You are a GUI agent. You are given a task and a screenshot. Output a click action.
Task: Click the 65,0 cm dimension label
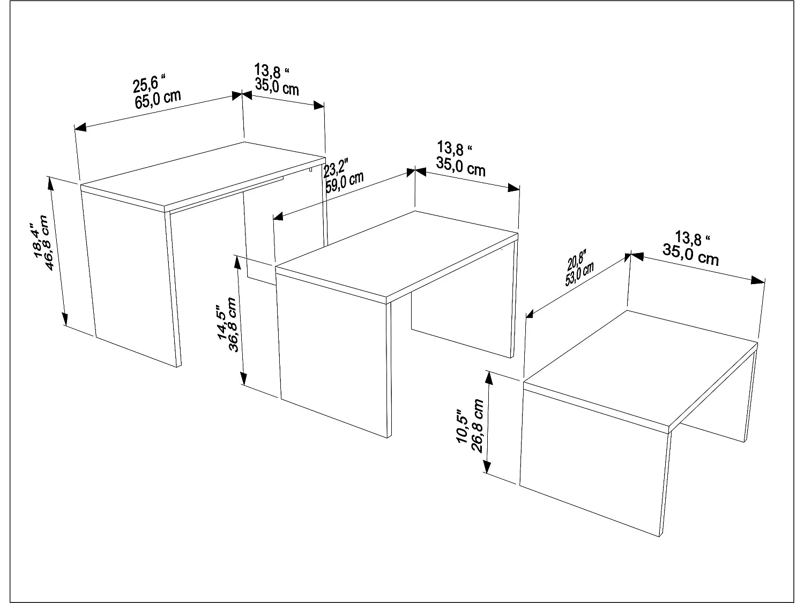tap(158, 100)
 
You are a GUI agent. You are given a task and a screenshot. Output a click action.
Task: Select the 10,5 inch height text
tap(464, 429)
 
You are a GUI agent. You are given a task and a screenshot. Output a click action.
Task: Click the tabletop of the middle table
tap(397, 252)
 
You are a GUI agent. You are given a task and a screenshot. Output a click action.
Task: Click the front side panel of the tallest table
tap(131, 279)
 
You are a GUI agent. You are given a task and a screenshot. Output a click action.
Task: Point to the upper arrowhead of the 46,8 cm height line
tap(51, 182)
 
